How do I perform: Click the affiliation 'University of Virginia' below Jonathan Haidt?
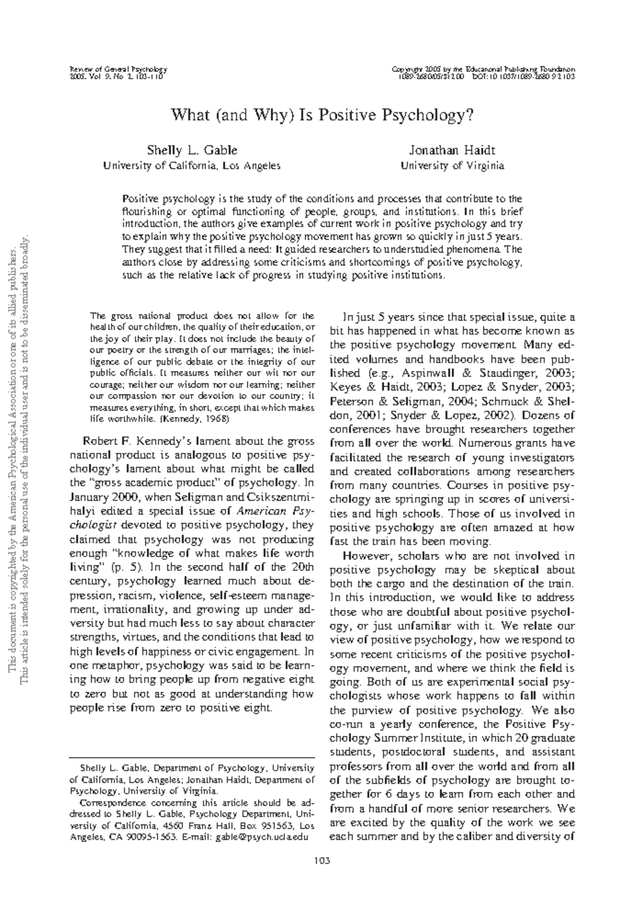452,166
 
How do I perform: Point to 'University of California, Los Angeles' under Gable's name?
192,166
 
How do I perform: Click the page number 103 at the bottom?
322,861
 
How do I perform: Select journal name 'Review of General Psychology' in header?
119,70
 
